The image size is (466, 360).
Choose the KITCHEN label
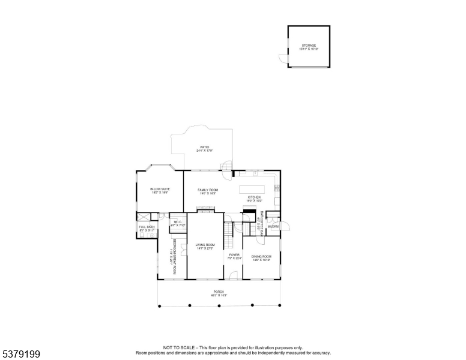[255, 199]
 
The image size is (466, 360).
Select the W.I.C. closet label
[178, 223]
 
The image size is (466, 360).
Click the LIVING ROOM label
[205, 246]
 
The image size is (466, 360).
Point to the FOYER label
[234, 256]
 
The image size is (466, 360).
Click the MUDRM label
[273, 226]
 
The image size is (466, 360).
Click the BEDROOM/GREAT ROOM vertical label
[174, 257]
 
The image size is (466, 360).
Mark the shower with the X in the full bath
[144, 218]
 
